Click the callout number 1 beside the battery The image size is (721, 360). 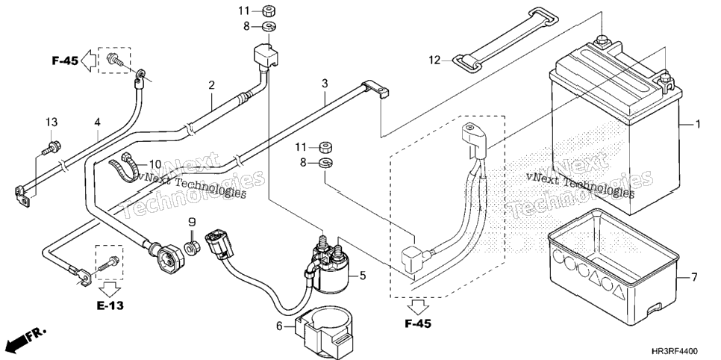(698, 124)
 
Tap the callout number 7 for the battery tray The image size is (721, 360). (694, 277)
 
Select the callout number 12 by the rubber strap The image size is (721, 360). (434, 60)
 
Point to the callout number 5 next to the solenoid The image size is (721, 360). (363, 276)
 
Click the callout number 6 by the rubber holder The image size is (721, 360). (279, 326)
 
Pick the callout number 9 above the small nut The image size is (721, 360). (193, 223)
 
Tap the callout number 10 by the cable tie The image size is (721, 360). (155, 164)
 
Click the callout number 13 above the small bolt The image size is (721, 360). (51, 122)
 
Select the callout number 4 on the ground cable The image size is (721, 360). (97, 122)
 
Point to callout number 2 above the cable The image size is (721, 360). (211, 85)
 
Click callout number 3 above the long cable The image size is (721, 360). (325, 84)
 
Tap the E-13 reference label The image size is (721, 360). (110, 305)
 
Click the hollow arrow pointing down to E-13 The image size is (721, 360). (110, 290)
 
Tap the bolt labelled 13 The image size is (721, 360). (51, 148)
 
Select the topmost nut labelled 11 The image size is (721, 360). (269, 10)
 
